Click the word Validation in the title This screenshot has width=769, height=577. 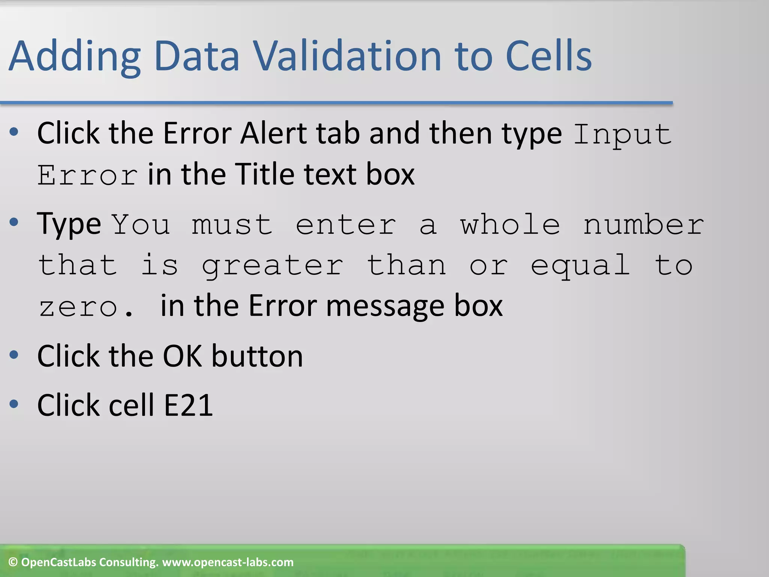point(347,56)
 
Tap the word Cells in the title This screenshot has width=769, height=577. point(548,56)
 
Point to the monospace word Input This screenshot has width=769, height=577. point(623,134)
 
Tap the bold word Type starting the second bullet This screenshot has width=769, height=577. point(69,225)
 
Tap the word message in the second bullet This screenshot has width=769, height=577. point(385,306)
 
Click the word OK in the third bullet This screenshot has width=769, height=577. point(182,356)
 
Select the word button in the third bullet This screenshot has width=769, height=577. point(257,356)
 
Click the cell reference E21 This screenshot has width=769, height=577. point(188,405)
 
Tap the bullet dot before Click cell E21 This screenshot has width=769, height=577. point(14,404)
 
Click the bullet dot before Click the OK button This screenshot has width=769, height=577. point(14,355)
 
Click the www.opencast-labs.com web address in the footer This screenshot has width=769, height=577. point(228,562)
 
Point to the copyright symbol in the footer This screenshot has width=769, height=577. point(13,562)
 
